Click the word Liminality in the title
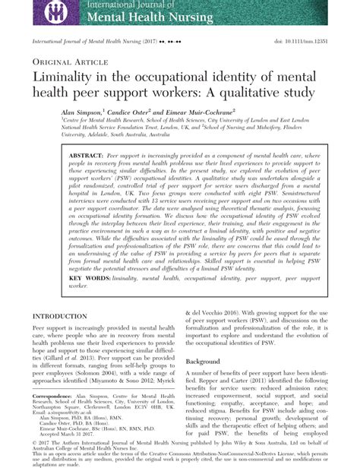click(x=71, y=79)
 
